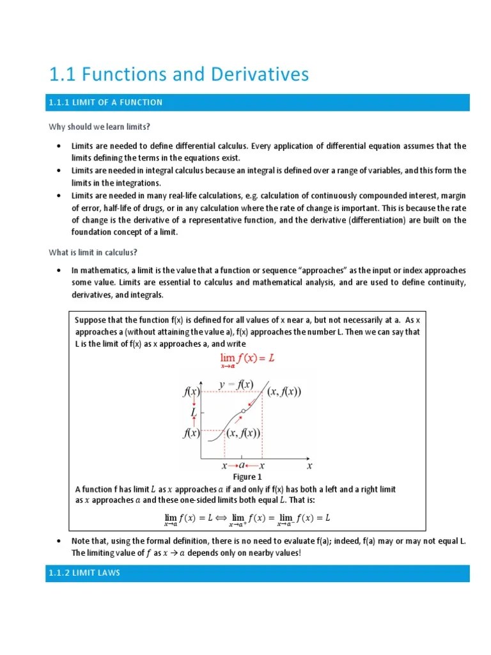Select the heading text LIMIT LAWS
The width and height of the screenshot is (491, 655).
coord(98,573)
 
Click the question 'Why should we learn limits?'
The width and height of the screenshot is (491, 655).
coord(99,127)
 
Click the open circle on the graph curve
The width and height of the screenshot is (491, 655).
coord(244,411)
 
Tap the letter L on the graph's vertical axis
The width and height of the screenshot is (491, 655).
coord(193,413)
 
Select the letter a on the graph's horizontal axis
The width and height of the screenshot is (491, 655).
coord(242,466)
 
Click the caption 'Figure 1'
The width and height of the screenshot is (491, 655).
coord(247,477)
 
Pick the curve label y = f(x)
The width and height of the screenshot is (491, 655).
coord(235,384)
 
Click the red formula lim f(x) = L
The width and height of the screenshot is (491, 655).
coord(247,360)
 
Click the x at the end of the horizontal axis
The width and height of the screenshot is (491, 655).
coord(309,466)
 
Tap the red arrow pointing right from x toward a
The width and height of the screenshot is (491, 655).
coord(233,466)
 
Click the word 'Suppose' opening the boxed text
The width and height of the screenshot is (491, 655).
coord(91,320)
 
